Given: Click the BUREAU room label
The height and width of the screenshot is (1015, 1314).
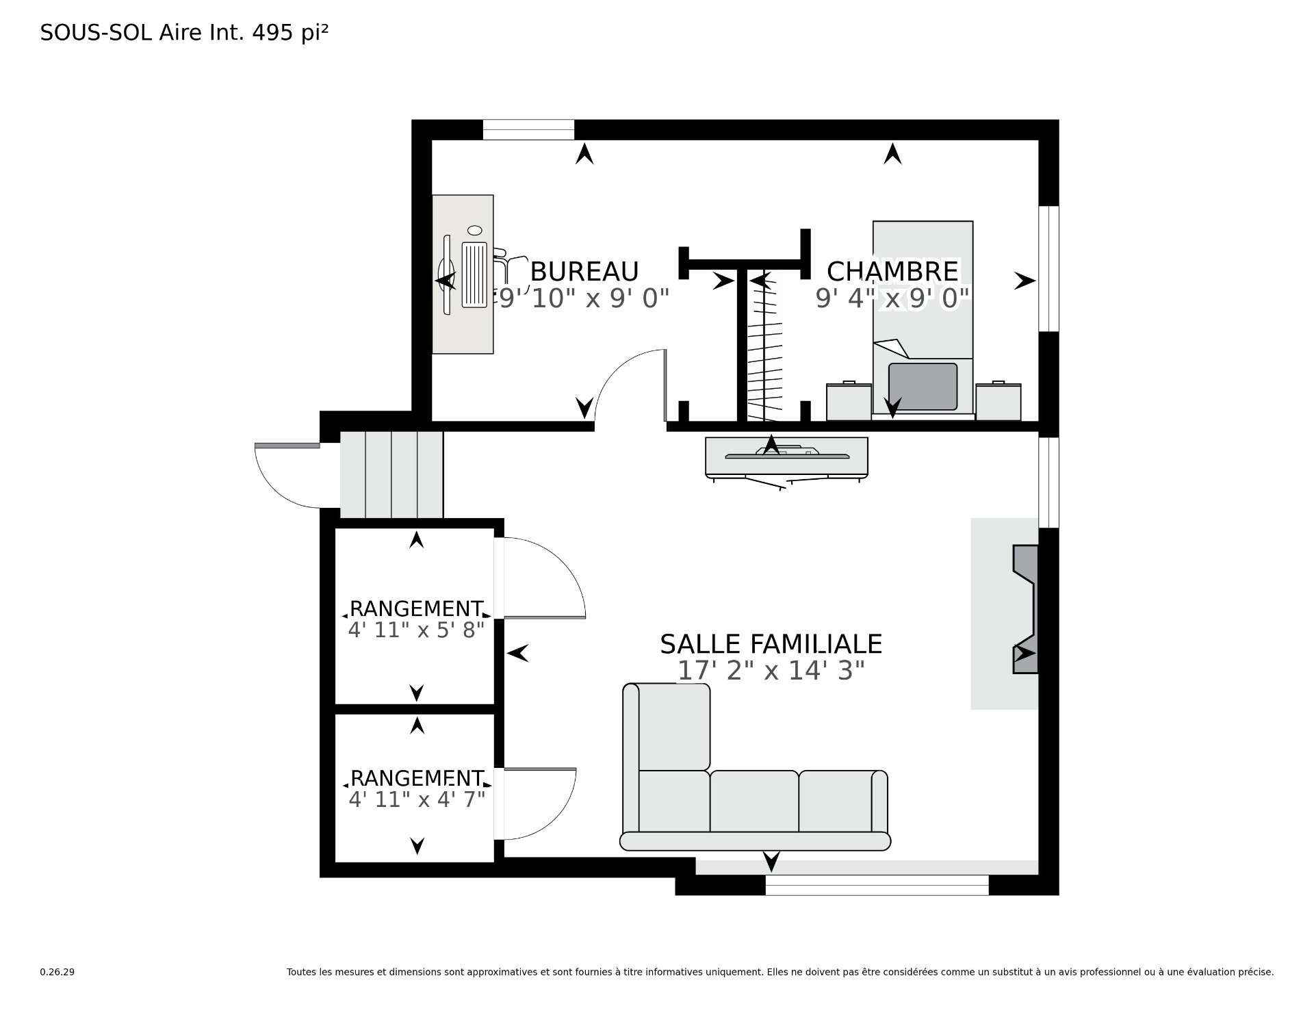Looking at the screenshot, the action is coord(584,272).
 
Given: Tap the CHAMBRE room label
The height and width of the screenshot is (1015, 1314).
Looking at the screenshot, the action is coord(892,271).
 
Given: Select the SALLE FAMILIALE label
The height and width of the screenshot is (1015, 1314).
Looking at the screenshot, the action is coord(771,644).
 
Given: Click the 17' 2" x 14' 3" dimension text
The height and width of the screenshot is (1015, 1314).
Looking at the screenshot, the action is coord(771,671).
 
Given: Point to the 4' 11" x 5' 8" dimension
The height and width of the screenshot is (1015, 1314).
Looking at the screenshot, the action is coord(416,630).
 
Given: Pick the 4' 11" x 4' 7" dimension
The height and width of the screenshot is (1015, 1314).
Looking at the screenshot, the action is coord(416,799).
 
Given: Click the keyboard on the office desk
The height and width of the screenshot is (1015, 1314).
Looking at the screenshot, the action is coord(474,274).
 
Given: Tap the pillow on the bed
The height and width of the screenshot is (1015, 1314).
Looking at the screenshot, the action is coord(923,387).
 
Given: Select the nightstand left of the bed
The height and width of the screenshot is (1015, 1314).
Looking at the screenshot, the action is coord(849,401).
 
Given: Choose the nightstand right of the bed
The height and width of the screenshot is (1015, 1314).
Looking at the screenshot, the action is coord(998,401).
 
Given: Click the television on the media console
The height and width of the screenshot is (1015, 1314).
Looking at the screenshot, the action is coord(787,454).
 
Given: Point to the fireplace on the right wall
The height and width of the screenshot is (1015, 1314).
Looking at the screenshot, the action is coord(1025,609).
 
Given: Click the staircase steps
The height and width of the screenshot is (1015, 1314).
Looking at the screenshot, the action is coord(391,474).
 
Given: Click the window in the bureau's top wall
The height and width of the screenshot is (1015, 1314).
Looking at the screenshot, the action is coord(528,129).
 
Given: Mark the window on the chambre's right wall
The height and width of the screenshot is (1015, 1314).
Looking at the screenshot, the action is coord(1048,268).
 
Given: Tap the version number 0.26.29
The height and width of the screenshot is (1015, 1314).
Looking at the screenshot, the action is coord(57,972).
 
